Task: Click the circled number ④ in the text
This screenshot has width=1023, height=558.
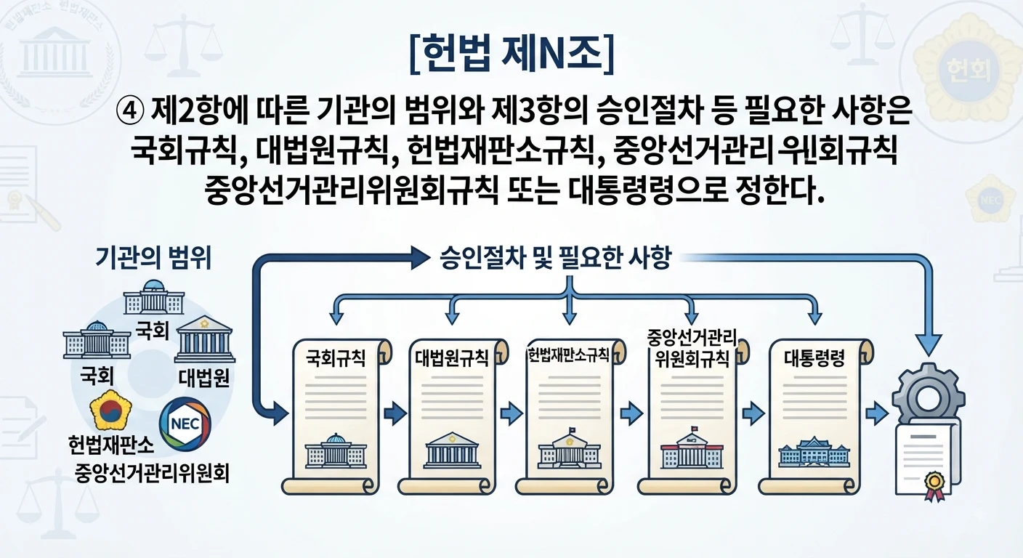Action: (x=130, y=111)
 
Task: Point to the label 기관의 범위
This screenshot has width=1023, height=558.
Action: (x=153, y=258)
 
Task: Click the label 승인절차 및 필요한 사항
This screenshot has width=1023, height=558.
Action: (x=555, y=258)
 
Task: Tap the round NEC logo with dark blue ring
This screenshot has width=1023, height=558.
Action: (x=185, y=424)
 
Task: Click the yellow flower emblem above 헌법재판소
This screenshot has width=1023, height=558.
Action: (x=110, y=410)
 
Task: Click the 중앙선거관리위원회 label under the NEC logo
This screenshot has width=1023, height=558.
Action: (x=152, y=473)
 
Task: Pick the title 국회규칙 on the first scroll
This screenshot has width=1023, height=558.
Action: (x=335, y=357)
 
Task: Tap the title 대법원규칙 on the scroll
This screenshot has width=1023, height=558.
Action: (x=452, y=358)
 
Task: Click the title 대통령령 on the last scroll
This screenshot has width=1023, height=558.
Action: (x=814, y=358)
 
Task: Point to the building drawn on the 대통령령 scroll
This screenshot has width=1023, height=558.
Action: (x=814, y=451)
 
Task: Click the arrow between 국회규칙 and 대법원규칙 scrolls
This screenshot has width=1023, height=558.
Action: (x=395, y=413)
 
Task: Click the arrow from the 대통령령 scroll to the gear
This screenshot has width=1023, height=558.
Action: (x=877, y=413)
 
